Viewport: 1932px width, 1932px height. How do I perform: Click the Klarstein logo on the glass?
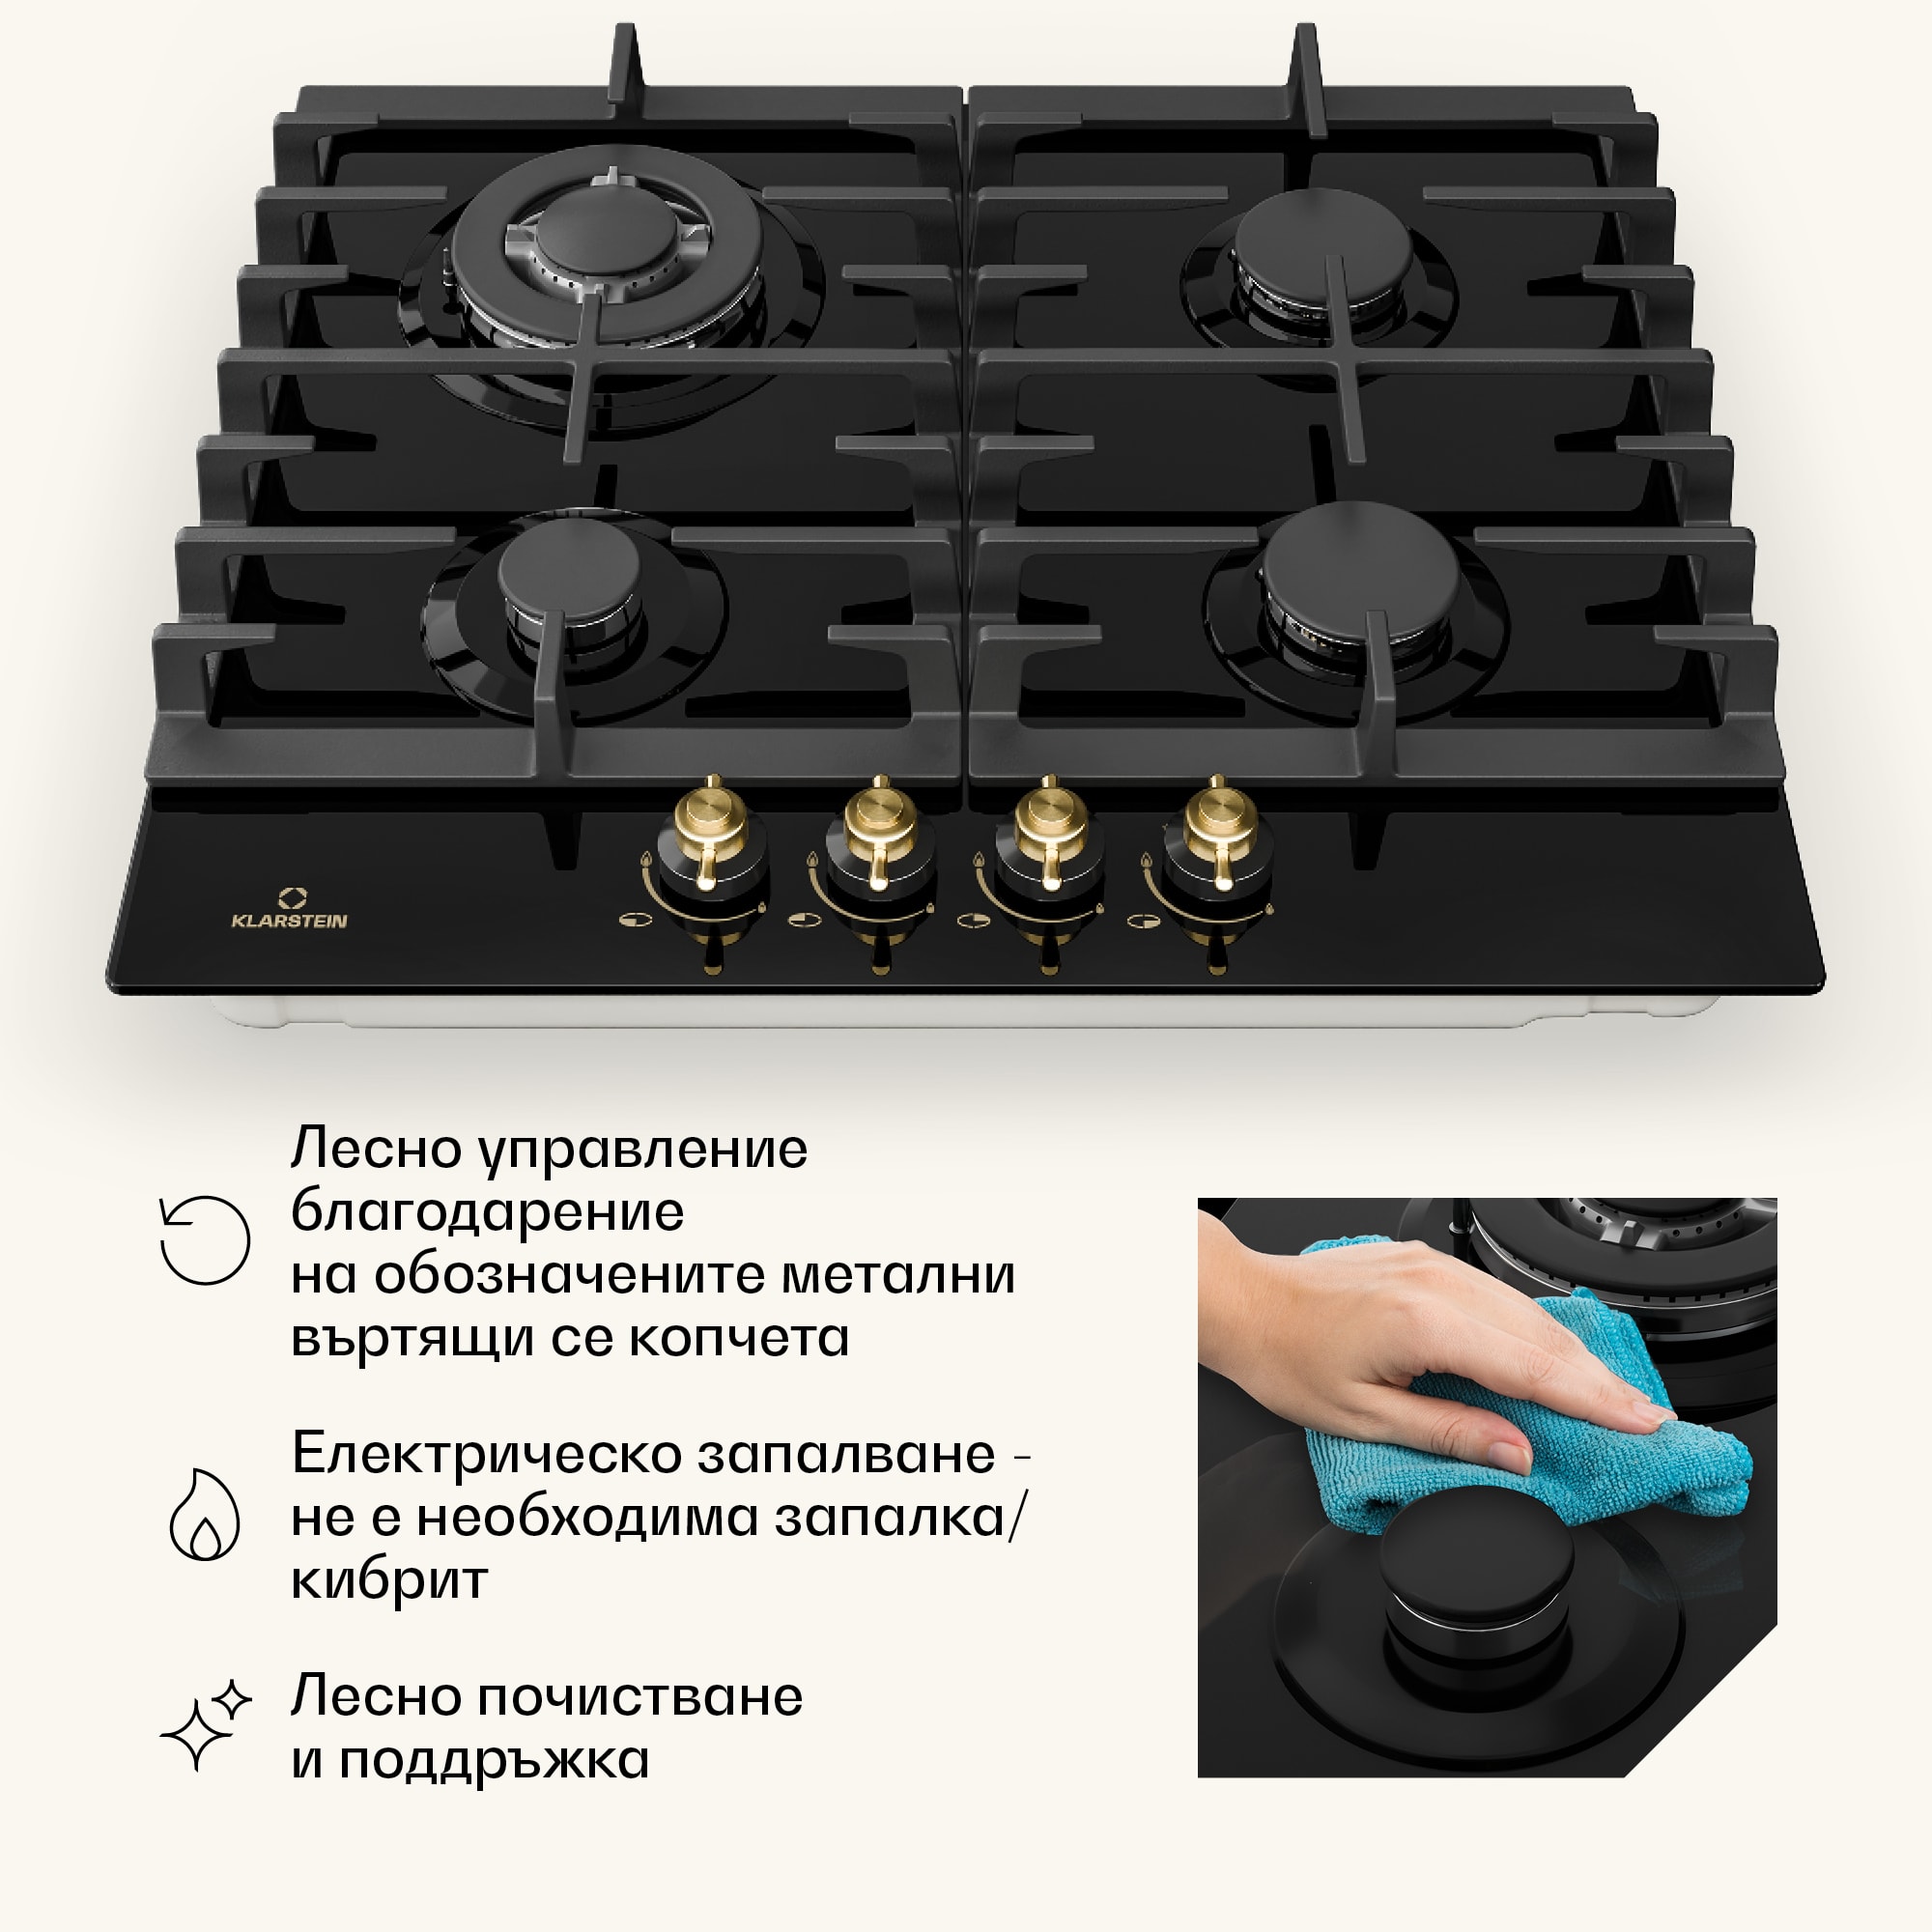(x=289, y=910)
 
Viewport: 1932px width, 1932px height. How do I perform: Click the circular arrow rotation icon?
(x=205, y=1240)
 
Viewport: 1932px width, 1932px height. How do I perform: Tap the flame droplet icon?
(x=205, y=1514)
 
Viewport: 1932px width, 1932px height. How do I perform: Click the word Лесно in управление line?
(x=374, y=1149)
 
